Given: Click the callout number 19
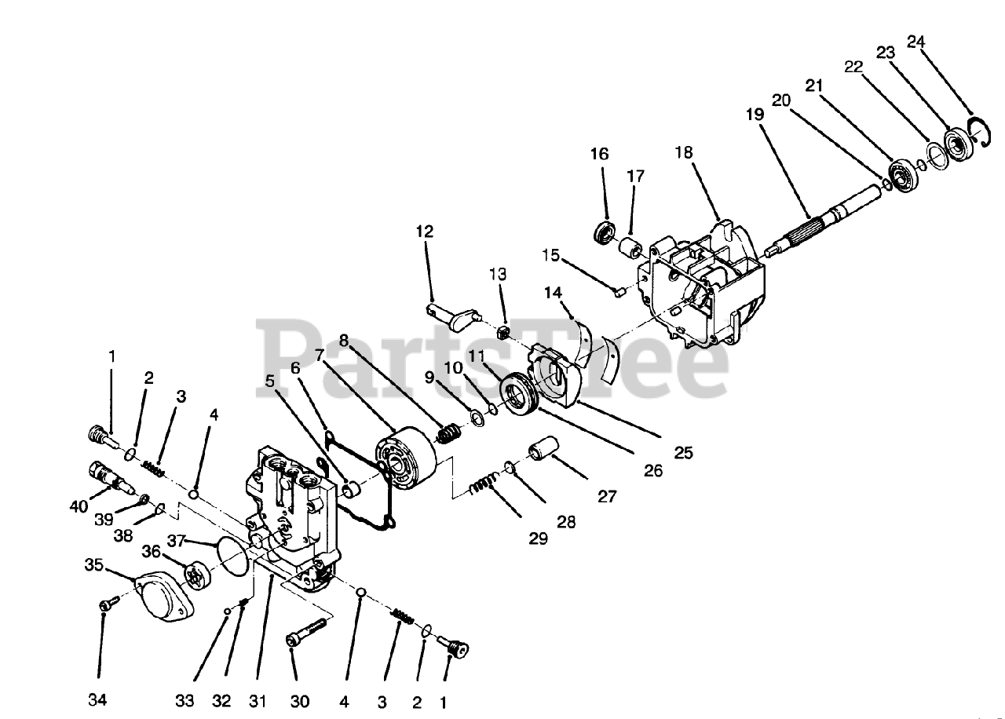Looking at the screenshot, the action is tap(755, 114).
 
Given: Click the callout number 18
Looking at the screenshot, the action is tap(684, 152).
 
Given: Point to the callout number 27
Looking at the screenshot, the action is tap(607, 496).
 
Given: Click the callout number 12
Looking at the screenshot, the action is tap(424, 232).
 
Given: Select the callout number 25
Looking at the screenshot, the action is tap(682, 454).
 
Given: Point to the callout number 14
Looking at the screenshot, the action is tap(554, 293).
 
